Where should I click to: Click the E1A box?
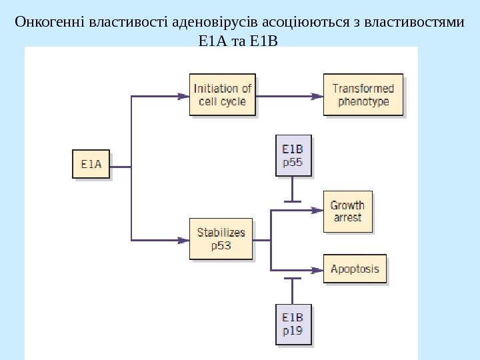pos(91,163)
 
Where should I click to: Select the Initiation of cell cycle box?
pos(222,95)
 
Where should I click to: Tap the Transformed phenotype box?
pos(363,95)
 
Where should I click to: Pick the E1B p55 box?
pos(293,155)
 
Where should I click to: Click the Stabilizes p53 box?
pos(221,239)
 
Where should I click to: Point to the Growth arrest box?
pos(347,211)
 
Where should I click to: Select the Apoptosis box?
pos(355,269)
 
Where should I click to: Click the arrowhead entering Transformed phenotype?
pos(317,95)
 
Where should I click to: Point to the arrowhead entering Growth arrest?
pos(317,210)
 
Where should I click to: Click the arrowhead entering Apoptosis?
pos(317,270)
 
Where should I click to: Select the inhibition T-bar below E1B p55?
pos(293,201)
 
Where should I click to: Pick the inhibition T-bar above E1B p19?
pos(293,278)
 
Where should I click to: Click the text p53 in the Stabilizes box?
pos(221,245)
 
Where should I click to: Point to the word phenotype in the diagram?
pos(363,102)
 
